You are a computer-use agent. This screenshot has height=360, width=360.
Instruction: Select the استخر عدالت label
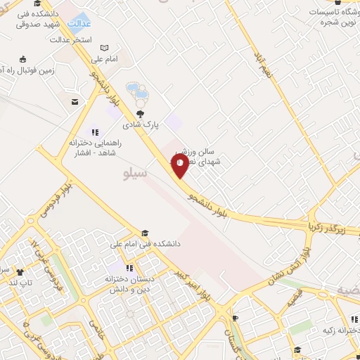click(72, 40)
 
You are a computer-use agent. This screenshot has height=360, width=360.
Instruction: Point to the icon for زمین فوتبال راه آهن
click(22, 59)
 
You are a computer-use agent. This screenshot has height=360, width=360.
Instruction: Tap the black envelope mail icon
click(75, 102)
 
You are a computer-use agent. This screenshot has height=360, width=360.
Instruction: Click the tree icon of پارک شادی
click(141, 115)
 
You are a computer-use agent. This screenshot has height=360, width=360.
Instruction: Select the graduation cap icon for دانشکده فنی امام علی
click(145, 233)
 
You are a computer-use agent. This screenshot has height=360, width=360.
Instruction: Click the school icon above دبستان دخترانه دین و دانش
click(129, 268)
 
